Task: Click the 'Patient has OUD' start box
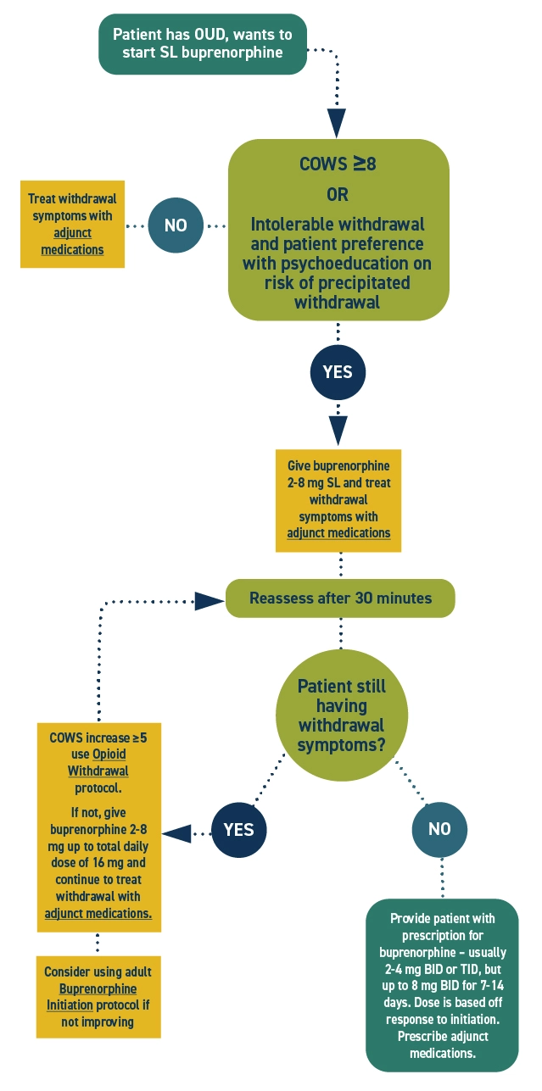point(203,43)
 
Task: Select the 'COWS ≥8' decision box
point(338,230)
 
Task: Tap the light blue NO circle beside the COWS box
point(176,225)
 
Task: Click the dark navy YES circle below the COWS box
point(338,371)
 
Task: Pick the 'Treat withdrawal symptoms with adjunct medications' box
point(72,224)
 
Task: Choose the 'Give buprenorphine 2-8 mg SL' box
point(338,500)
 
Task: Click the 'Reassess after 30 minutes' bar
point(340,598)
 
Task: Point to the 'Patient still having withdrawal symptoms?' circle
point(341,716)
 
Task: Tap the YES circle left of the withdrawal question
point(238,828)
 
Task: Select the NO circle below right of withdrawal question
point(439,828)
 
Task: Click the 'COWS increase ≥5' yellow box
point(99,827)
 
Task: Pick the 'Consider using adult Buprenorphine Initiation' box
point(98,997)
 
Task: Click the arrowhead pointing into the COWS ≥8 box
point(338,123)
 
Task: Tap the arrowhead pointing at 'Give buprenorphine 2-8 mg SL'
point(338,431)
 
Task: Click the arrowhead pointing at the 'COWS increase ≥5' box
point(176,834)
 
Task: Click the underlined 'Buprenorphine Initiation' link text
point(92,997)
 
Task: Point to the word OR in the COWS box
point(338,194)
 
